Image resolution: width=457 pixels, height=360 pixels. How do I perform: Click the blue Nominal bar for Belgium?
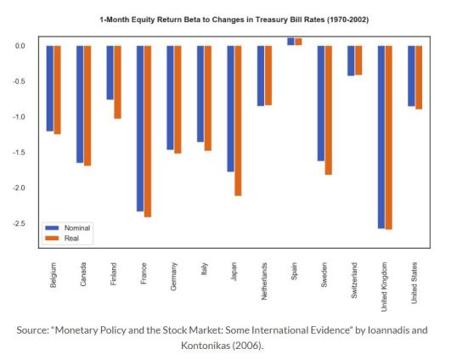[x=49, y=88]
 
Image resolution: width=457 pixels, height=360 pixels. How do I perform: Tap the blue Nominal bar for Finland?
[x=110, y=72]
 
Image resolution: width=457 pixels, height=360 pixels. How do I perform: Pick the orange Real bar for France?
[x=147, y=131]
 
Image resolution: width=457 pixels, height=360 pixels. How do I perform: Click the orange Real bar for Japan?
[x=238, y=120]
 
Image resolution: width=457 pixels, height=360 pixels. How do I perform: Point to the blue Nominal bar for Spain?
[x=290, y=42]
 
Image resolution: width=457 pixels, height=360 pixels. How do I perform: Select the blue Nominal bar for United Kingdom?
[x=381, y=137]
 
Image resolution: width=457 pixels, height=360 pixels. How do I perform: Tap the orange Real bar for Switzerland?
[x=358, y=60]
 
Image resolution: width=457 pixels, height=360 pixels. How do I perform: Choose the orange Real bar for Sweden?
[x=328, y=110]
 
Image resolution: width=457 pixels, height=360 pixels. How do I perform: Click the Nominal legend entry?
[x=76, y=228]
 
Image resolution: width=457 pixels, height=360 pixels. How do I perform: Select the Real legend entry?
[x=71, y=239]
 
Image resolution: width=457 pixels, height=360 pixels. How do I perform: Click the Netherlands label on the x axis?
[x=264, y=284]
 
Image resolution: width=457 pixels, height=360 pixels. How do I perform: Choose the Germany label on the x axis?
[x=173, y=278]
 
